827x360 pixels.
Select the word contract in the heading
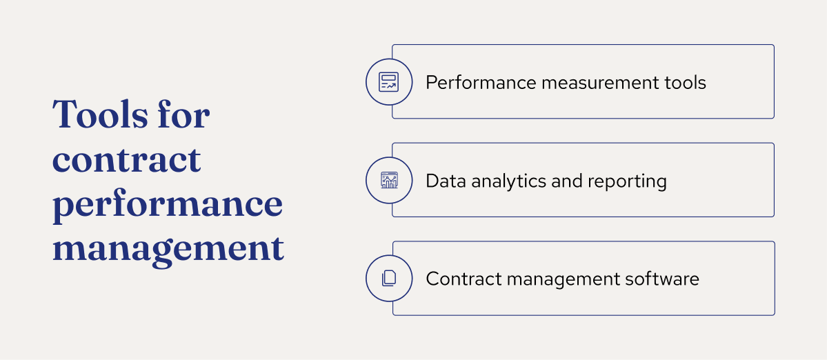pos(127,160)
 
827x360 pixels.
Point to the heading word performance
pos(168,206)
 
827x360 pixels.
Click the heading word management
pos(168,248)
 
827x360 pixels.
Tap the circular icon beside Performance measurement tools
pos(388,82)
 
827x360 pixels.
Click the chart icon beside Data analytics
pos(388,181)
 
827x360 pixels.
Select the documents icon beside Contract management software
pos(388,279)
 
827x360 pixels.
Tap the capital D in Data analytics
pos(431,181)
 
